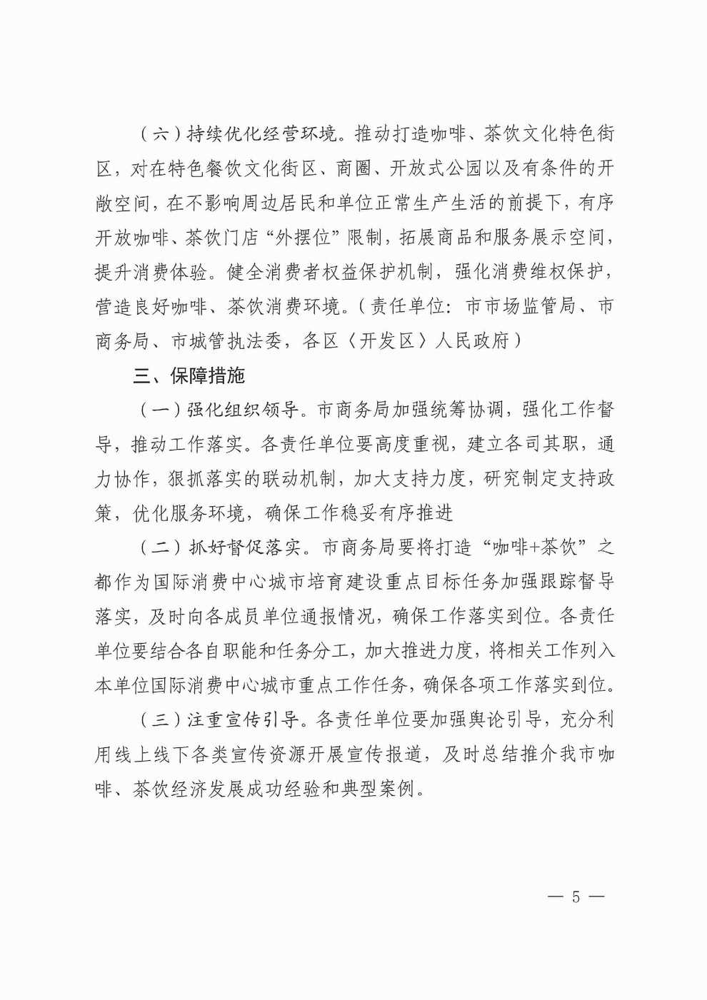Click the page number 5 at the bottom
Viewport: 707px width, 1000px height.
pos(576,897)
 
